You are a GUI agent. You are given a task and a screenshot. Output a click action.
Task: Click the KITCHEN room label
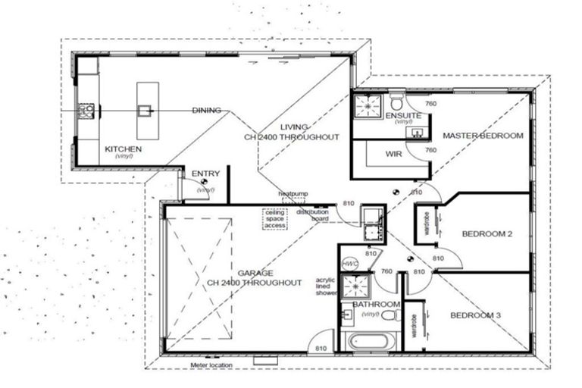(123, 149)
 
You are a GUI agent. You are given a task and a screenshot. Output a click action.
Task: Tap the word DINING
(206, 111)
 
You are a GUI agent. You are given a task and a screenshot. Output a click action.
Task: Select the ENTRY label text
(205, 174)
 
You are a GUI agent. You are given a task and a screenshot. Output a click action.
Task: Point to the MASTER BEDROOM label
(483, 136)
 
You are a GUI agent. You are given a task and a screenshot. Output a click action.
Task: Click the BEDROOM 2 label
(488, 234)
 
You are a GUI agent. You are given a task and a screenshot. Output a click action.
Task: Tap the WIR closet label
(393, 154)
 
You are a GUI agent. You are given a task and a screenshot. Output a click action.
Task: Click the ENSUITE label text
(398, 116)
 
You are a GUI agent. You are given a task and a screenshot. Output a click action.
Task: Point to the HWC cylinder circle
(349, 264)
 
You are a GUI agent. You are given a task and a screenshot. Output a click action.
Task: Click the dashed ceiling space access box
(274, 218)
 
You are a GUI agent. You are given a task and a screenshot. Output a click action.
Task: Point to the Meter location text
(213, 365)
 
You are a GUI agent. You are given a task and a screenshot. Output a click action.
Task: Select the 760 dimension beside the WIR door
(430, 150)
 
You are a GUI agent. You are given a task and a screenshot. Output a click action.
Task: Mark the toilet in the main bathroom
(390, 314)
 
